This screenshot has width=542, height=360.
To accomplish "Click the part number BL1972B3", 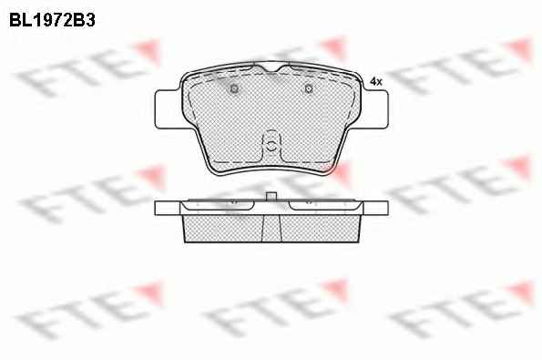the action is [52, 20].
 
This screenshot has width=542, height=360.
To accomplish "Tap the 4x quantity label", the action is [375, 82].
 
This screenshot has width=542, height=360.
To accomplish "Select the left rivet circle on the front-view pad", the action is [234, 89].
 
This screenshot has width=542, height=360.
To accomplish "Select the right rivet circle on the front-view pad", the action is [309, 89].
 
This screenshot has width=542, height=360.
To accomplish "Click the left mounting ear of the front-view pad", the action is [169, 109].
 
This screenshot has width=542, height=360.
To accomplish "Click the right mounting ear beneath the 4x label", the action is [375, 109].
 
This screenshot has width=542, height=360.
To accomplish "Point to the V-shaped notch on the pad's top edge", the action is [271, 68].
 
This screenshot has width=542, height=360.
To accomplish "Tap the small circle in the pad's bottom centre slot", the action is [271, 146].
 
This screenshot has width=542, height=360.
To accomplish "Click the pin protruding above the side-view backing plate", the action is [271, 196].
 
